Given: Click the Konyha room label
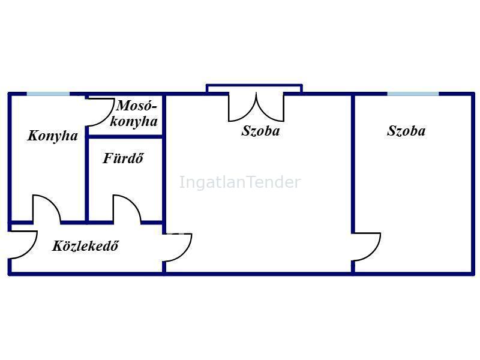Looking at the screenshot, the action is click(53, 136).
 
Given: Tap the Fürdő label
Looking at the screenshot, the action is click(123, 158).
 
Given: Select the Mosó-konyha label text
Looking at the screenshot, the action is click(134, 113).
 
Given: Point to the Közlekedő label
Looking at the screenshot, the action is click(85, 246).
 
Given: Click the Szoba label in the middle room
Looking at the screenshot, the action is click(260, 131).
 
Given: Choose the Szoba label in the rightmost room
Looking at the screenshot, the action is click(406, 131).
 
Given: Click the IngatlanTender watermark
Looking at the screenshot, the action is click(240, 182).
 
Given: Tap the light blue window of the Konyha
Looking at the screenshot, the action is click(49, 94).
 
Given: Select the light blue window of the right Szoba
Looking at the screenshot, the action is click(413, 94).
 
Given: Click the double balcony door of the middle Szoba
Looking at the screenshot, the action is click(256, 107).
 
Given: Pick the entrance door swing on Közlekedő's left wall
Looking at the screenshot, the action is click(22, 245).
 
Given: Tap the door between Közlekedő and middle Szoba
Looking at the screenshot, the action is click(177, 247).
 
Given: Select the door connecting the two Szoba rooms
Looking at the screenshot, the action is click(366, 247).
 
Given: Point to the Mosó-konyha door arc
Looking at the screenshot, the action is click(100, 112).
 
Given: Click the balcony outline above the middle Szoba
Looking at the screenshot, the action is click(254, 88).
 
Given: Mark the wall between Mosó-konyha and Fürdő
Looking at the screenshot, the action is click(125, 137).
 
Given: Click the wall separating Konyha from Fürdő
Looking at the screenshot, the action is click(87, 158).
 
